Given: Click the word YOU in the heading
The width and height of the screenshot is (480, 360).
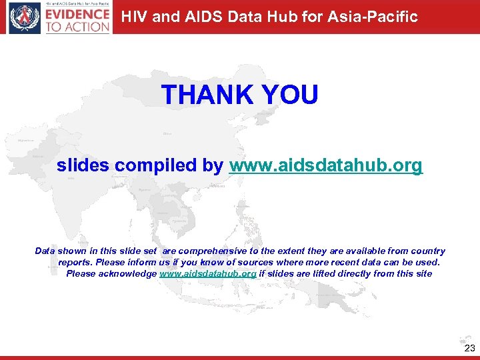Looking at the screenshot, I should coord(291,95).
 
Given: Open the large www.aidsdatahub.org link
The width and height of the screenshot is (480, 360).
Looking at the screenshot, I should coord(326,165).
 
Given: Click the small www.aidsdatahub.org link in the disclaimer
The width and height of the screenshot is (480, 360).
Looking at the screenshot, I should coord(208,273).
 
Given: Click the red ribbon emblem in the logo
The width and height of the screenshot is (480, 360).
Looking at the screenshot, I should coord(25,18).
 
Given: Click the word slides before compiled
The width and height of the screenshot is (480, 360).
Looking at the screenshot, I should coord(83,165).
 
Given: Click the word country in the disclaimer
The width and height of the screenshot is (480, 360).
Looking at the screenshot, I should coord(427,251).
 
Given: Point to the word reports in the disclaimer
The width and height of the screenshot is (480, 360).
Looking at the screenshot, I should coord(75,263).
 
